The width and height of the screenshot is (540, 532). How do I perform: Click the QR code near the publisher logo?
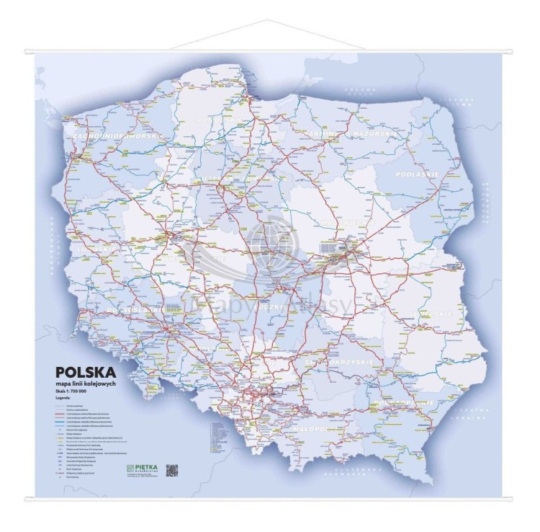coord(171,470)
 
